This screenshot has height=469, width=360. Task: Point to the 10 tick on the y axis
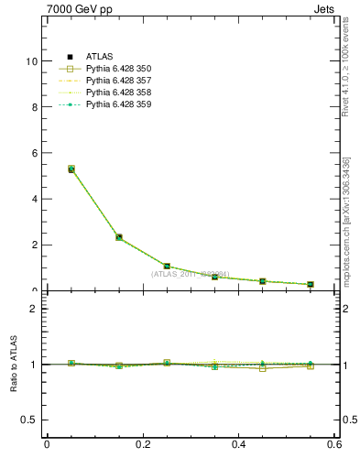click(32, 61)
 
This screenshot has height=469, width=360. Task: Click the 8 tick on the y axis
click(35, 107)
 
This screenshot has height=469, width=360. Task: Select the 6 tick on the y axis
click(35, 153)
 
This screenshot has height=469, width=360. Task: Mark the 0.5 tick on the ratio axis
click(30, 420)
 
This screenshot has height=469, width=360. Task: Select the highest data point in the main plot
click(71, 169)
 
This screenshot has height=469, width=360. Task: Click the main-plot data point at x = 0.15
click(119, 237)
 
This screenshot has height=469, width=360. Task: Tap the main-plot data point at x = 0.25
click(167, 266)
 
